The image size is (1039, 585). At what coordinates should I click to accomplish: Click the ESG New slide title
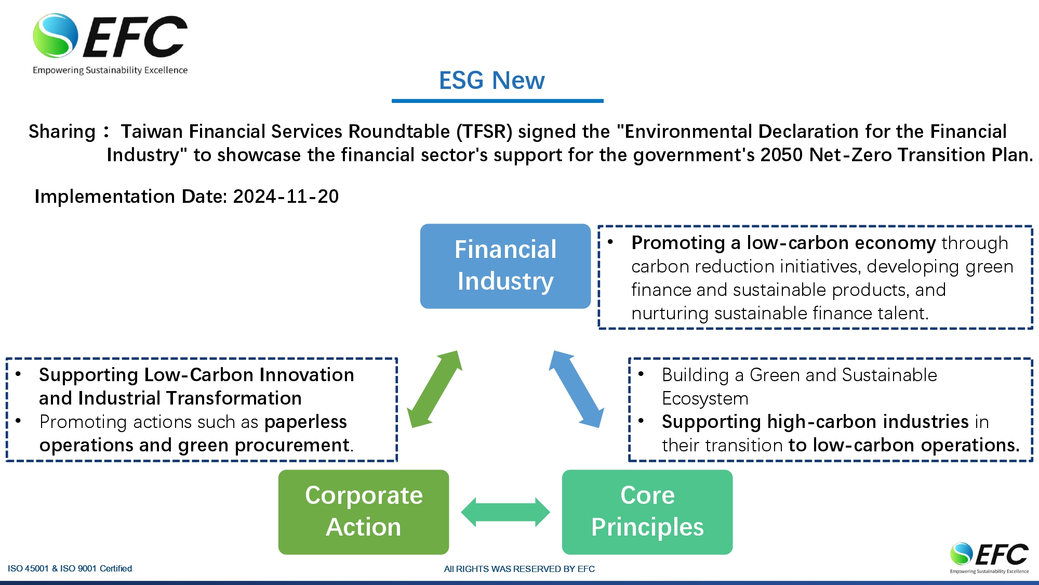491,81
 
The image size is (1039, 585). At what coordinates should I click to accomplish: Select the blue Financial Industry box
505,266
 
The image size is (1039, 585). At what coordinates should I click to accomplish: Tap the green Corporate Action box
364,512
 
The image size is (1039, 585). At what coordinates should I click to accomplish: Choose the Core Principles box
647,512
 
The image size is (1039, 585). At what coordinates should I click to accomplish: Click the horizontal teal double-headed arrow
505,512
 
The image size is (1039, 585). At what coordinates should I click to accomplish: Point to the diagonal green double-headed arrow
434,389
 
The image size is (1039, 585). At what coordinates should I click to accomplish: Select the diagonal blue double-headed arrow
577,389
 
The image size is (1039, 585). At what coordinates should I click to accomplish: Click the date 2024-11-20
286,197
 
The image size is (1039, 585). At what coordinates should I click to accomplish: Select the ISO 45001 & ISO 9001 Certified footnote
70,568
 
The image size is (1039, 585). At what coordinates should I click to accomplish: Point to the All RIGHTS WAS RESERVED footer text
519,569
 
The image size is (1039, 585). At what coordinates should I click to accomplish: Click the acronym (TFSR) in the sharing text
484,132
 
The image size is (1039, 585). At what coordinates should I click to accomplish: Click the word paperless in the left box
305,422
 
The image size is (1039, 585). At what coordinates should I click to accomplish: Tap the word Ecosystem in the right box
705,398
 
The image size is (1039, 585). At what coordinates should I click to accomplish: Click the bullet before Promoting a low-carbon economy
610,242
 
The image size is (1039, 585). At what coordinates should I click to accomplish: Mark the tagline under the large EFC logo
110,70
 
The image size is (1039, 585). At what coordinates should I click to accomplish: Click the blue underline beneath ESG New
498,101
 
